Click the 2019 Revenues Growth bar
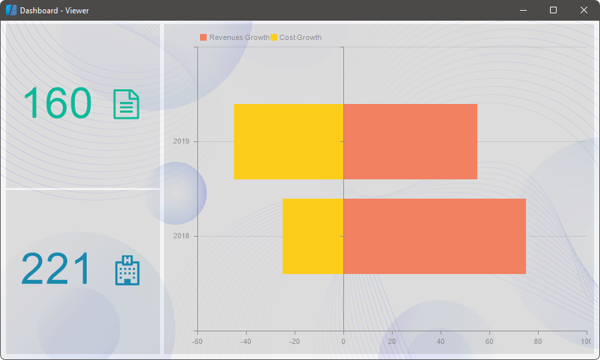[410, 141]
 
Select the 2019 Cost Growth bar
[288, 141]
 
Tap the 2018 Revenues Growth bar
[435, 236]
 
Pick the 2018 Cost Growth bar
[313, 236]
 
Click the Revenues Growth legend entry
[235, 37]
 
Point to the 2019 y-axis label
[181, 141]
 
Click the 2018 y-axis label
[181, 236]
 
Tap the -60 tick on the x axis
[197, 341]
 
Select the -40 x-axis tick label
[246, 341]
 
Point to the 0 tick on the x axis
[343, 341]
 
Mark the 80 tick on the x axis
[538, 341]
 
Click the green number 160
[57, 104]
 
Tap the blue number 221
[55, 269]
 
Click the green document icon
[127, 105]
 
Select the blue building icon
[127, 270]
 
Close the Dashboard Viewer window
[583, 10]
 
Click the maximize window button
[553, 10]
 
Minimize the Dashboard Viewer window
[523, 10]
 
